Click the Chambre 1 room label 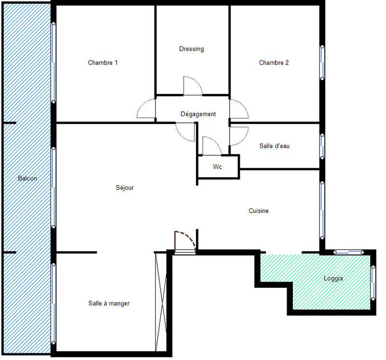[x=103, y=63]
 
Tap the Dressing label [x=192, y=49]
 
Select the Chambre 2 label [x=274, y=63]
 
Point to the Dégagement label [x=198, y=114]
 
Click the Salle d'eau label [x=274, y=146]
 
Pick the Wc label [x=218, y=167]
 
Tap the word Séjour [x=124, y=188]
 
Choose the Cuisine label [x=259, y=211]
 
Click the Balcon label [x=27, y=178]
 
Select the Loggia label [x=333, y=279]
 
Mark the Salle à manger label [x=109, y=303]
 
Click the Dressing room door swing [x=192, y=86]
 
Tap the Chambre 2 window [x=322, y=62]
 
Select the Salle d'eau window [x=322, y=146]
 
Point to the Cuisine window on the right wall [x=322, y=210]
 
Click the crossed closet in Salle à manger [x=161, y=302]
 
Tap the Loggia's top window [x=348, y=252]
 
